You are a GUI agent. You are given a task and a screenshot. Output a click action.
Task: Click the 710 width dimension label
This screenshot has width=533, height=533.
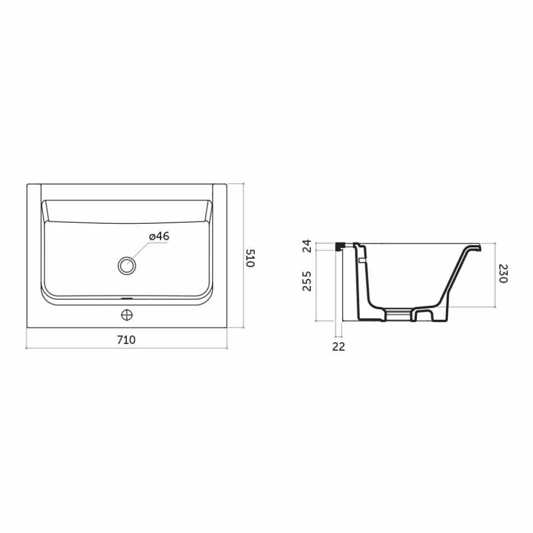tap(126, 340)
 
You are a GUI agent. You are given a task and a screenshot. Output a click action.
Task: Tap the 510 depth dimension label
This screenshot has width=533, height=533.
tap(251, 259)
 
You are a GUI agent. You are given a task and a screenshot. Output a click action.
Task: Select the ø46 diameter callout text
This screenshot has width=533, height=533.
tap(159, 236)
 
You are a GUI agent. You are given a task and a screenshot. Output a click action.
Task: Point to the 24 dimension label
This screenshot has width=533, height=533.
tap(307, 246)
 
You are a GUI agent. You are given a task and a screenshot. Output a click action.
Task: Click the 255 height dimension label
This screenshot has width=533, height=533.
tap(307, 281)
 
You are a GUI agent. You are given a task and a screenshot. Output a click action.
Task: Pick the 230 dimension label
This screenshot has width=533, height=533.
tap(503, 273)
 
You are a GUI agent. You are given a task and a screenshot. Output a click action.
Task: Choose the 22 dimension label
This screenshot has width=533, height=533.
tap(338, 346)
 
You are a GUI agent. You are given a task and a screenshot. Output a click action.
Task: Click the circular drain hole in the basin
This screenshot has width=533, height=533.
tap(127, 265)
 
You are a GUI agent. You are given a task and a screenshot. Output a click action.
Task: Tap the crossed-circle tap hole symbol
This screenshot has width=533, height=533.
tap(127, 315)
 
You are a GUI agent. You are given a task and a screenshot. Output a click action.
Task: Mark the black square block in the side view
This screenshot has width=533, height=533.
tap(339, 246)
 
